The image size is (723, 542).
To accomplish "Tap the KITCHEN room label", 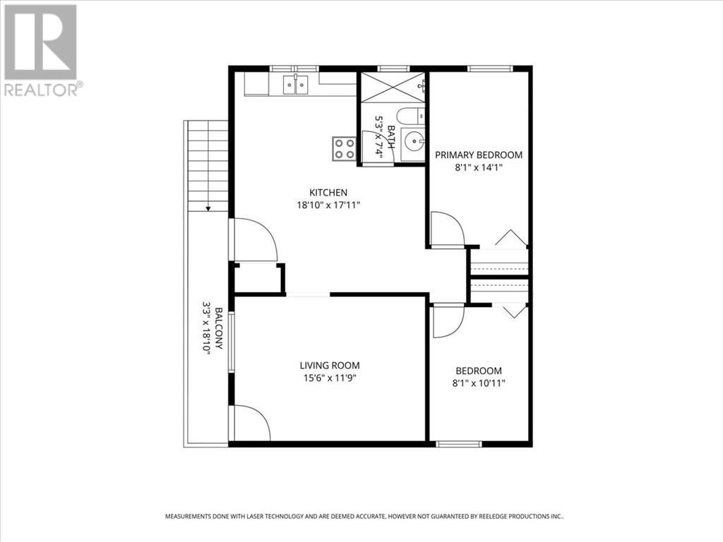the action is coord(328,192).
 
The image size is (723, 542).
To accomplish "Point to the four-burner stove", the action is coord(344,149).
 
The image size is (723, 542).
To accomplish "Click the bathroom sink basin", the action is coord(412,140).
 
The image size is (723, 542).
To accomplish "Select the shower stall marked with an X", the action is coord(393,87).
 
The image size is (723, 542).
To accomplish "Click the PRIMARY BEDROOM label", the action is coord(479,155).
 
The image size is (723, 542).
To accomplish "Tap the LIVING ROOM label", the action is coord(330,366).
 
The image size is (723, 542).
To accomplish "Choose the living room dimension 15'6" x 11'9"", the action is coord(330,378).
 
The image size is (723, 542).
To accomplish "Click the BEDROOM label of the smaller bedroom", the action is coord(479,371).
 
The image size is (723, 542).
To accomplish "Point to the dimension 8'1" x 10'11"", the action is coord(479,383).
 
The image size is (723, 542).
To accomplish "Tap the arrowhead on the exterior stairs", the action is coord(208,209).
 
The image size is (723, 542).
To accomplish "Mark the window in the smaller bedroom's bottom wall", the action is coord(459,445).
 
